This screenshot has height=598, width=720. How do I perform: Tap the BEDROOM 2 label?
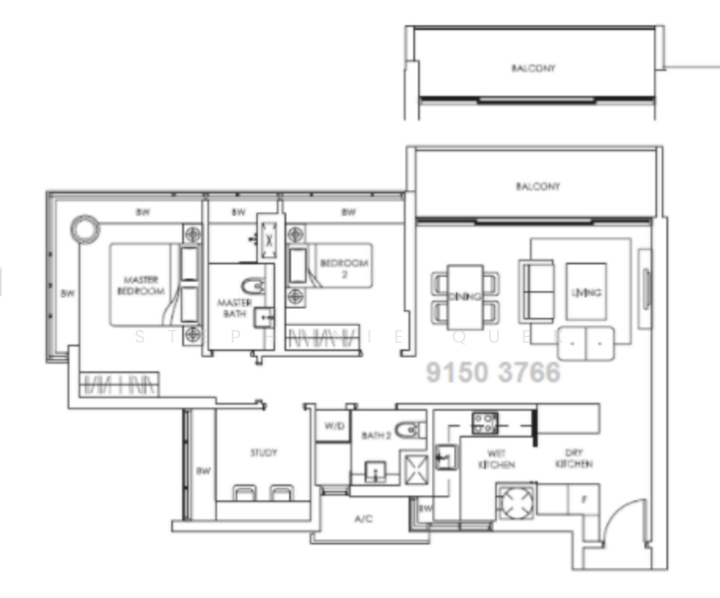pyautogui.click(x=344, y=268)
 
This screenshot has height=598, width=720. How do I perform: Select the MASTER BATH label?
pyautogui.click(x=235, y=307)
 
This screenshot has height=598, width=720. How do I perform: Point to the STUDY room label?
pyautogui.click(x=263, y=453)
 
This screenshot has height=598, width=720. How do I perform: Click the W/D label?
pyautogui.click(x=332, y=426)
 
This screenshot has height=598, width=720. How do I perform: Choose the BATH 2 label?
pyautogui.click(x=375, y=435)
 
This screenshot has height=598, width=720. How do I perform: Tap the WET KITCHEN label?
pyautogui.click(x=496, y=459)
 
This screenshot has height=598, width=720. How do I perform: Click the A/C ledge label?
pyautogui.click(x=363, y=518)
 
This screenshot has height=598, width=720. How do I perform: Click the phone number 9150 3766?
pyautogui.click(x=493, y=373)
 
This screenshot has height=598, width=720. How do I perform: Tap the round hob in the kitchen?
pyautogui.click(x=517, y=502)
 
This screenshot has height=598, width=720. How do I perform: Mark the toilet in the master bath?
pyautogui.click(x=253, y=287)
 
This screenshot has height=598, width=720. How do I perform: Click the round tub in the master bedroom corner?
pyautogui.click(x=84, y=227)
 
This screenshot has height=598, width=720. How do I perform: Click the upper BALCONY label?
pyautogui.click(x=533, y=69)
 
